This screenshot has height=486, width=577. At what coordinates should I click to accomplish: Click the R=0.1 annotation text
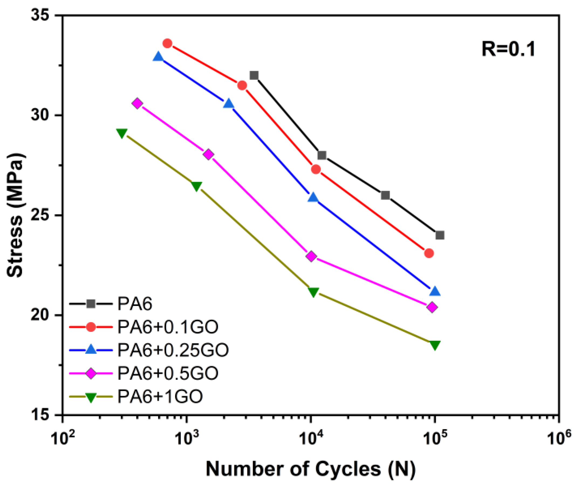[508, 50]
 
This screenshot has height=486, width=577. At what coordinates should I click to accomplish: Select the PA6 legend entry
[135, 304]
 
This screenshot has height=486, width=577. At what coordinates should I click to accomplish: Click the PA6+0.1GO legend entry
[168, 327]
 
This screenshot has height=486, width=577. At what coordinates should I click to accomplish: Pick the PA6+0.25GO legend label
[173, 350]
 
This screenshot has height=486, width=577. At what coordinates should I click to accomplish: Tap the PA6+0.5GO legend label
[168, 373]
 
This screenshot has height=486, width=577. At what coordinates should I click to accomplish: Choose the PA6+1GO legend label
[160, 396]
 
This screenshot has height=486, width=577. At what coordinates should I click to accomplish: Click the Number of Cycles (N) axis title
[311, 469]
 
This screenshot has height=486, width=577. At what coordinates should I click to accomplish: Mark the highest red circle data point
[168, 43]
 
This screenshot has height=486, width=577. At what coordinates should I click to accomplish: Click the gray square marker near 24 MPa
[440, 235]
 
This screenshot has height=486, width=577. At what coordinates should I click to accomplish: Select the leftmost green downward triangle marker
[122, 133]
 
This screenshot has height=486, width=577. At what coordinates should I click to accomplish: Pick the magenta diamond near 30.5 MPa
[137, 104]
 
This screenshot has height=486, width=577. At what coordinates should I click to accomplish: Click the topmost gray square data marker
[254, 75]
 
